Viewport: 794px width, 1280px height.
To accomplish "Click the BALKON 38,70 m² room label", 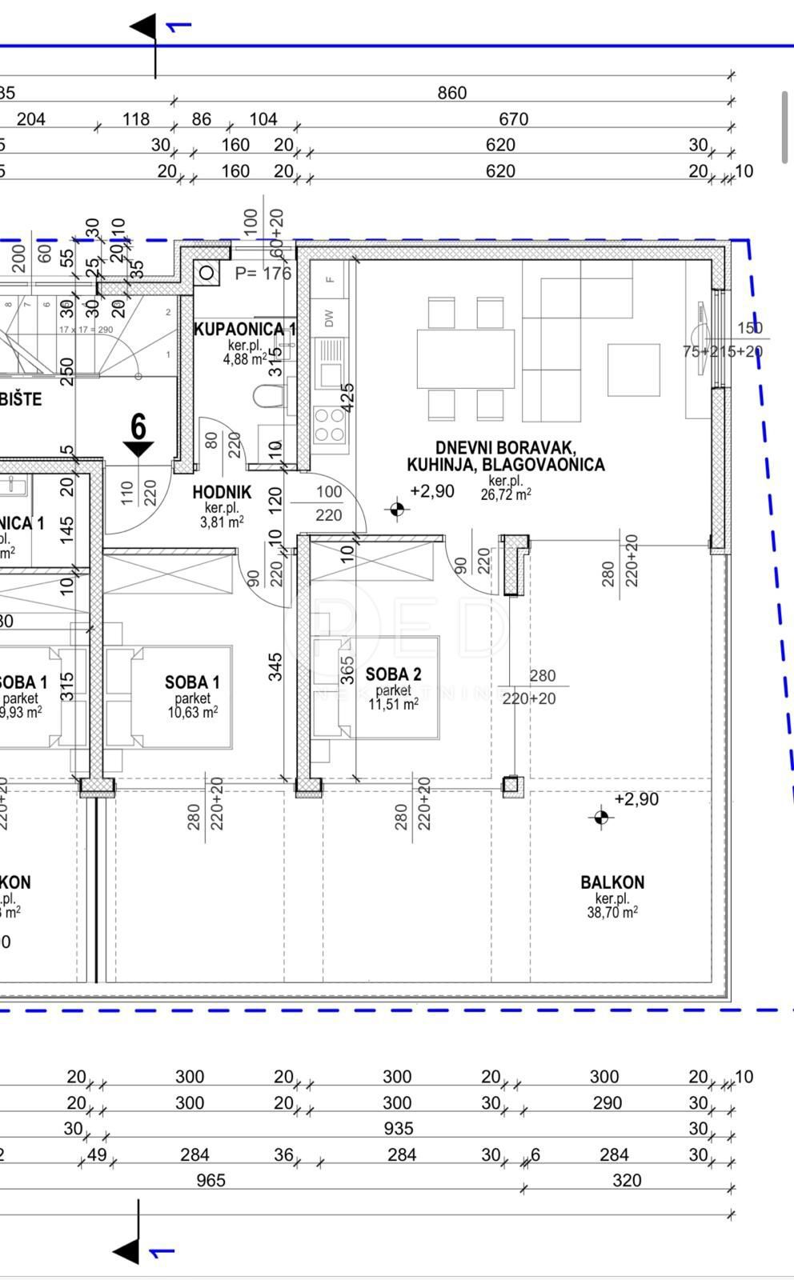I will pyautogui.click(x=612, y=882).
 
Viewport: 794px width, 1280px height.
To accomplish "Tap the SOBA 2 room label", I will pyautogui.click(x=393, y=675).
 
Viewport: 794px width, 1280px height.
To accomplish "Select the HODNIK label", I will pyautogui.click(x=222, y=493).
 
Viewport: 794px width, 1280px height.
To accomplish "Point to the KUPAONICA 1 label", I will pyautogui.click(x=244, y=329).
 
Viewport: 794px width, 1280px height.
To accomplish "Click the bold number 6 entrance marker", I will pyautogui.click(x=138, y=427).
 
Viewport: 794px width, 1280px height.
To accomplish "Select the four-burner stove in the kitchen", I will pyautogui.click(x=328, y=425).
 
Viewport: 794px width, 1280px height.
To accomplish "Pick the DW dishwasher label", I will pyautogui.click(x=329, y=318).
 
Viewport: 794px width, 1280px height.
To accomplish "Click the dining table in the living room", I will pyautogui.click(x=465, y=358).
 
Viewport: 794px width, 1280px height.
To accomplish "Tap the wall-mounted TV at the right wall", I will pyautogui.click(x=702, y=338).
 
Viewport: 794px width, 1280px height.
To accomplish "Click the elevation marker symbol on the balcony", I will pyautogui.click(x=601, y=817).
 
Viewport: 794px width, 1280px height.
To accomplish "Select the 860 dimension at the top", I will pyautogui.click(x=451, y=93).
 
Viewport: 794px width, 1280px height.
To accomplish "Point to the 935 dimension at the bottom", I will pyautogui.click(x=398, y=1129).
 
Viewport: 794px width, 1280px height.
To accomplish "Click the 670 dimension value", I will pyautogui.click(x=513, y=119).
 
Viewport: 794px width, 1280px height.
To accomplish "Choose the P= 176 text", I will pyautogui.click(x=263, y=274).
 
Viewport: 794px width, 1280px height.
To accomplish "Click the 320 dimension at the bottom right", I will pyautogui.click(x=627, y=1181).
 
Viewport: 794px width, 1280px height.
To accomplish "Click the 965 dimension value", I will pyautogui.click(x=211, y=1181).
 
